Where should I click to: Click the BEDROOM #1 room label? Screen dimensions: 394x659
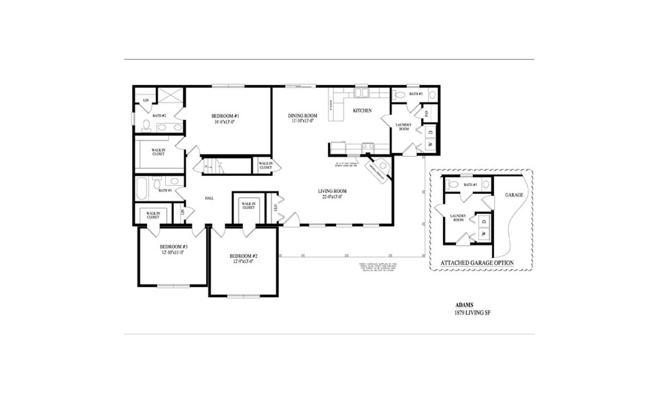(x=226, y=116)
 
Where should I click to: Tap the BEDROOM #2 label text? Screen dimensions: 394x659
(x=243, y=256)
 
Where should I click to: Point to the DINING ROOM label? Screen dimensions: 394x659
(x=303, y=116)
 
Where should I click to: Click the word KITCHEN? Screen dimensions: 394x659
(x=362, y=111)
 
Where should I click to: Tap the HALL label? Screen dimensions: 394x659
(x=209, y=198)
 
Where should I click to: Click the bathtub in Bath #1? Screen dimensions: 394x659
(x=142, y=188)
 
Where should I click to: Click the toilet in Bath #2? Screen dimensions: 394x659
(x=146, y=126)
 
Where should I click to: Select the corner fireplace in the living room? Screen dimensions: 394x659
(x=377, y=171)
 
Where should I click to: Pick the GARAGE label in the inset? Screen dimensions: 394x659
(x=514, y=195)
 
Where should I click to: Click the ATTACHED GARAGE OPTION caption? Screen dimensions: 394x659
(x=477, y=263)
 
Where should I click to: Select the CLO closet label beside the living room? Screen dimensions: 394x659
(x=275, y=208)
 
